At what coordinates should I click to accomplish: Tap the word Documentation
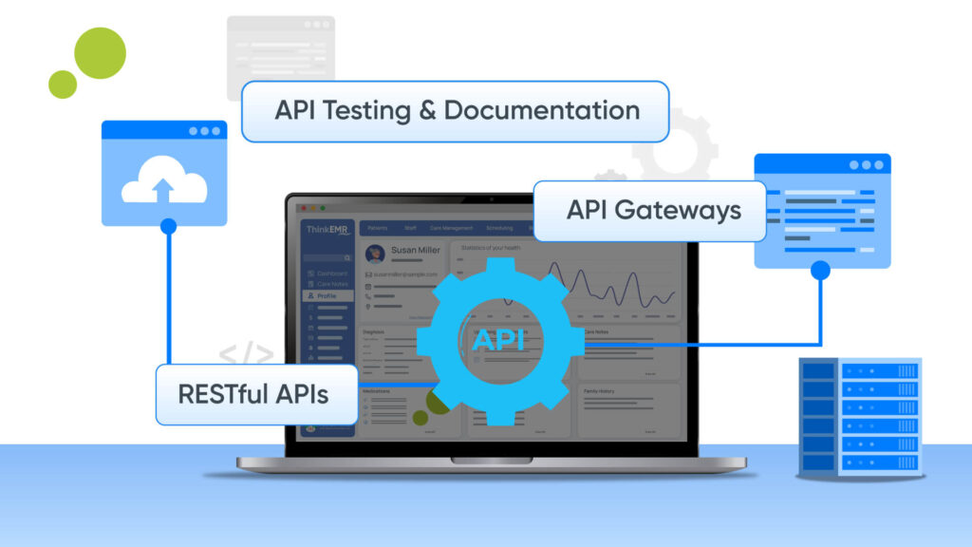click(541, 110)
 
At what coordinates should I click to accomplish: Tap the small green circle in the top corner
click(63, 84)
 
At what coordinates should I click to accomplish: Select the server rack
click(860, 414)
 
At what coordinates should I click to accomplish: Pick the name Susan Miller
click(416, 251)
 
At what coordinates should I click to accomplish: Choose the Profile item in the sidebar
click(327, 295)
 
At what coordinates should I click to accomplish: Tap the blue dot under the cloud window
click(169, 226)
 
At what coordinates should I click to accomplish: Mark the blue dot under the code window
click(821, 271)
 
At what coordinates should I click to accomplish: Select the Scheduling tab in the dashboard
click(498, 228)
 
